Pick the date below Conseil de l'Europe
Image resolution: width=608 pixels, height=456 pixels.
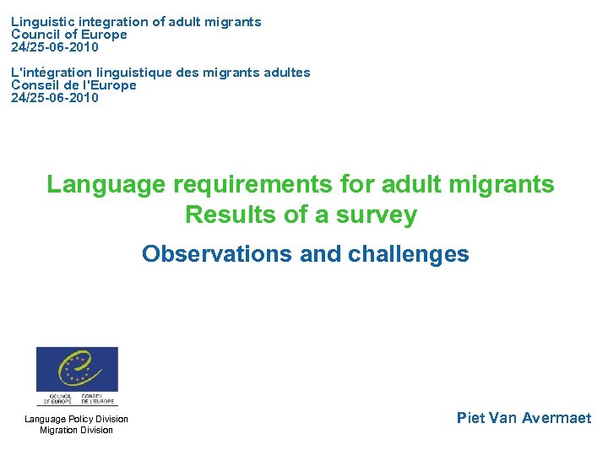(55, 98)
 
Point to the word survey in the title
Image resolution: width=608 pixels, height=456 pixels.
(377, 214)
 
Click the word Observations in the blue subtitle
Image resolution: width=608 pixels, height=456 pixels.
(217, 253)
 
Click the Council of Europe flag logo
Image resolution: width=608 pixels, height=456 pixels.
(77, 371)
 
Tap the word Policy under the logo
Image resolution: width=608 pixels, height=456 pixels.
(78, 419)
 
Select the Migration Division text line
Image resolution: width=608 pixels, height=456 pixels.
(76, 430)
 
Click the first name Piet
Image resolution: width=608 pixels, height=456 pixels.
(470, 417)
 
